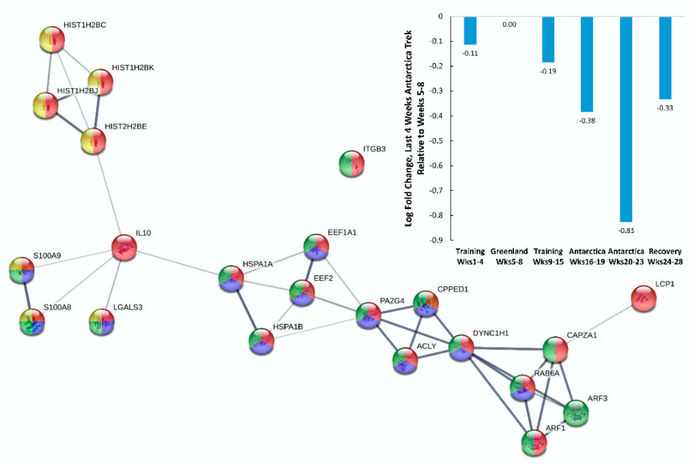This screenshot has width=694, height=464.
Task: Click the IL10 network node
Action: point(124,247)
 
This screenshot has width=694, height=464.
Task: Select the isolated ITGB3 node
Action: point(351,163)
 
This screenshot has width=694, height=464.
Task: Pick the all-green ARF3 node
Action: point(576,413)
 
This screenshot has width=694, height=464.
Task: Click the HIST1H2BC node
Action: point(52,39)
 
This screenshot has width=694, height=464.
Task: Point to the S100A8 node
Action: point(32,321)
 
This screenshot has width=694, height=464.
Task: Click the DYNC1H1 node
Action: point(461,348)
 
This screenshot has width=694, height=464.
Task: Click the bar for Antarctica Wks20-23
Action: point(626,118)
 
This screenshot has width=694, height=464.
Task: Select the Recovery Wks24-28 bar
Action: point(665,58)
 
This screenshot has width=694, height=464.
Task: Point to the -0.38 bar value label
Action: point(587,121)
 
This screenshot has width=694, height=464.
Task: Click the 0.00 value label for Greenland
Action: point(509,25)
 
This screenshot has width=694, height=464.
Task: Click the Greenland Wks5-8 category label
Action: point(509,257)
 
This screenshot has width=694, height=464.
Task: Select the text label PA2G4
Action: point(392,301)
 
